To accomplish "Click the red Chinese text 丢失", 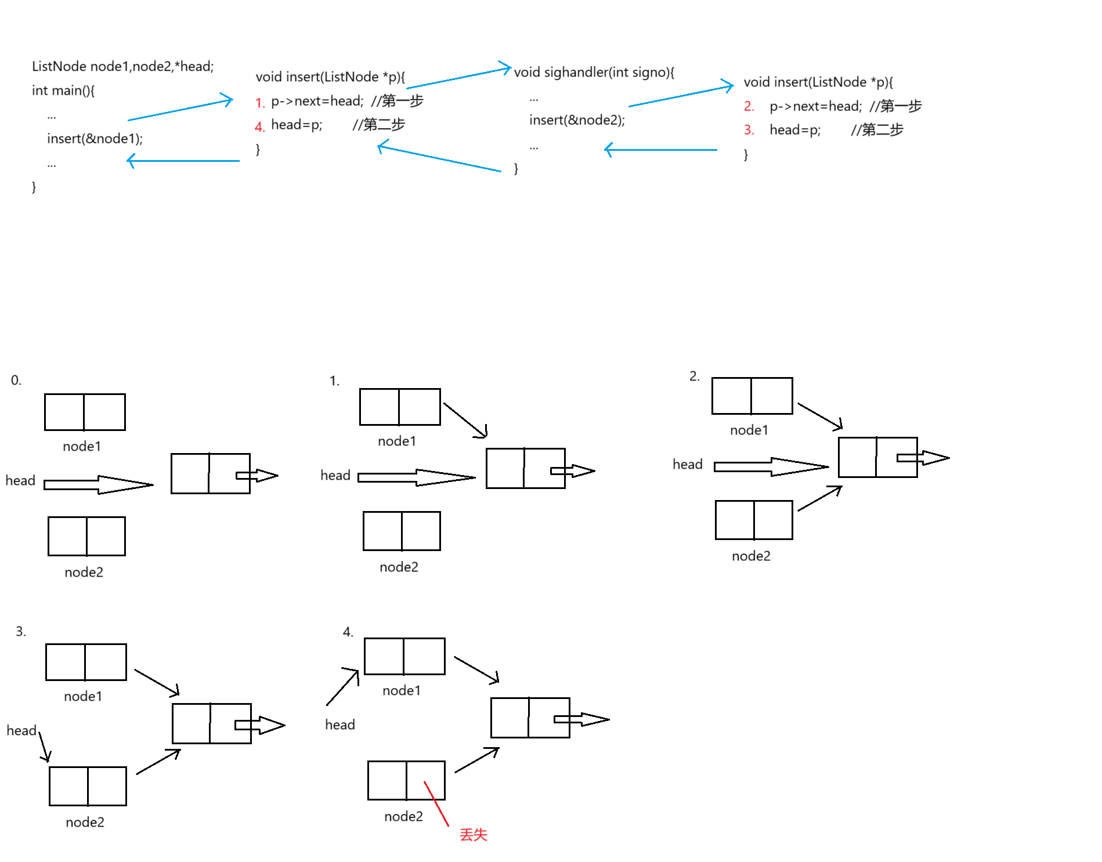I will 473,835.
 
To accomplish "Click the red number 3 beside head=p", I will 749,130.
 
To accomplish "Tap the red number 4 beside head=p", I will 259,126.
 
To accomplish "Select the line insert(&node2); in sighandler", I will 577,120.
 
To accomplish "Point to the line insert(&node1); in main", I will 95,139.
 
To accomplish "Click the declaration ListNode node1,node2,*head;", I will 122,67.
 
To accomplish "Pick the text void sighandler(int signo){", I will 594,73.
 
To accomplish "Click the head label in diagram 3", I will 21,730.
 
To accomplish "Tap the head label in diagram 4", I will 339,725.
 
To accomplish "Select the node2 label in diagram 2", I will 751,556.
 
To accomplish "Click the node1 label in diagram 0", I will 82,447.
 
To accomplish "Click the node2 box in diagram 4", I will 406,780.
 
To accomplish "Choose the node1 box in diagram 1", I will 400,407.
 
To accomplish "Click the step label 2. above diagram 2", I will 694,376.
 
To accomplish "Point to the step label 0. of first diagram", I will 16,381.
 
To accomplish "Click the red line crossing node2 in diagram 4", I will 436,804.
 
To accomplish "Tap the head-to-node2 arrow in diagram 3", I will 44,747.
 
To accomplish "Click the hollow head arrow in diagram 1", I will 416,477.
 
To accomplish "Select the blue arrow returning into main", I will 183,161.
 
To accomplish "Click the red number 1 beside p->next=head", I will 259,103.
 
